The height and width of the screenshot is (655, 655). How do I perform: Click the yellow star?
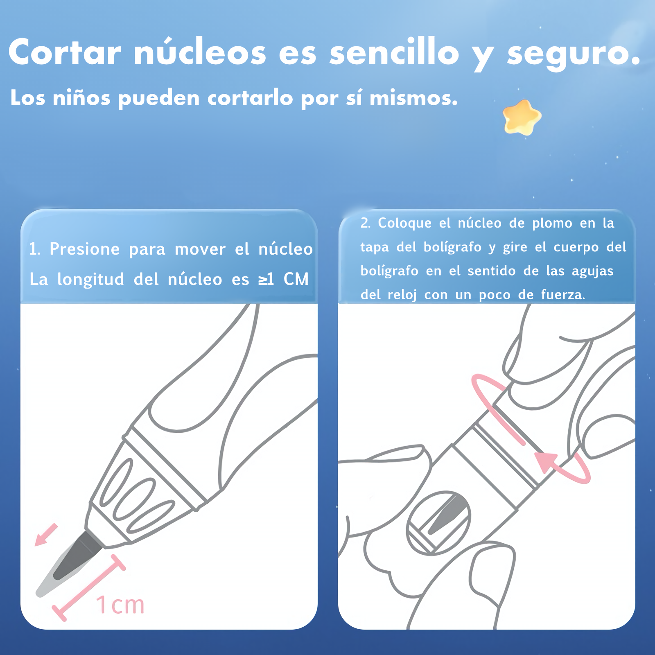tap(522, 117)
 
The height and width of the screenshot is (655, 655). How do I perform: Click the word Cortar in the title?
tap(65, 52)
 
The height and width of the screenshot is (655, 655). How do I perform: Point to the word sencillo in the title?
tap(394, 52)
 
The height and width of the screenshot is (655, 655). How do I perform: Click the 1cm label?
tap(120, 605)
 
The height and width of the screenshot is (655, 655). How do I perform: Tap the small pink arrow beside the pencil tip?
tap(46, 535)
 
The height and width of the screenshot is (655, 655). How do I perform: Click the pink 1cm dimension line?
tap(88, 588)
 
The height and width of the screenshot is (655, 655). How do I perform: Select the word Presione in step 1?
tap(84, 249)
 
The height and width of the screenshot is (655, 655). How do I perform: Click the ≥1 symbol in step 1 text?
tap(266, 279)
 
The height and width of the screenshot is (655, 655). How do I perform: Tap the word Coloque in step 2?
tap(404, 223)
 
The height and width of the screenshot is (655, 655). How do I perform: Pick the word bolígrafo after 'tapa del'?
tap(452, 247)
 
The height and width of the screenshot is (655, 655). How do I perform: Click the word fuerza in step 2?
tap(563, 295)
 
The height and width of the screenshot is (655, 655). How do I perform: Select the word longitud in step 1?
tap(90, 279)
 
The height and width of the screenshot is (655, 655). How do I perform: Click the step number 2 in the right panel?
tap(365, 223)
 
